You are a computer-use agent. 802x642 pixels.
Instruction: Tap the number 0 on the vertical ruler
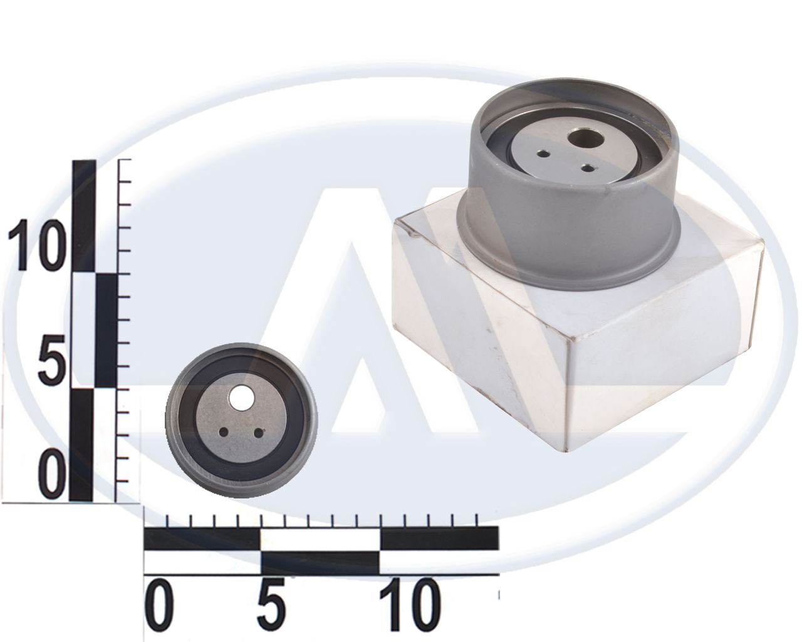click(51, 474)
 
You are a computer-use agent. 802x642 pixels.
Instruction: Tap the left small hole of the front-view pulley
click(224, 433)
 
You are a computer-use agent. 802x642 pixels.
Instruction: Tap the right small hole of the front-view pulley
click(258, 433)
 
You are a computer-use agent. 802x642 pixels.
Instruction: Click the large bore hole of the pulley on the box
click(585, 139)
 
